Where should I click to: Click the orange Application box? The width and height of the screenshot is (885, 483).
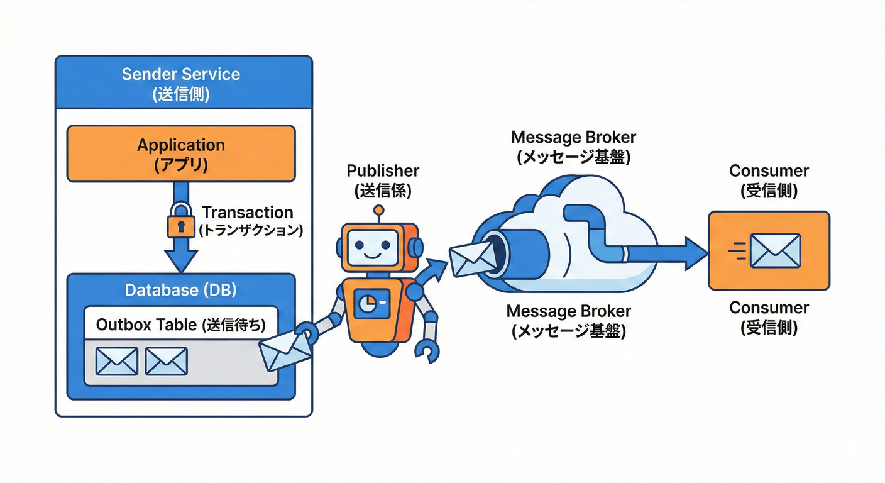pos(181,153)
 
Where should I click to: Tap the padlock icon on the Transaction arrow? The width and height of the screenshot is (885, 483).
pos(180,221)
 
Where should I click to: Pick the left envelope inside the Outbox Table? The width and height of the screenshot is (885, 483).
pos(116,361)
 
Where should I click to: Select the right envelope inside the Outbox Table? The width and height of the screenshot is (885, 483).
pos(166,361)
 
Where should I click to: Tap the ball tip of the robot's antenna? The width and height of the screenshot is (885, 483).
pos(378,210)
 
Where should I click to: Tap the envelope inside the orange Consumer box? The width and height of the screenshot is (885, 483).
pos(774,250)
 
